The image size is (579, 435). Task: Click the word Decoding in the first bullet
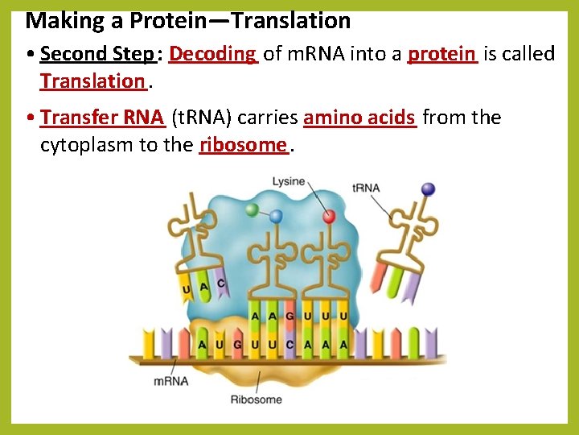(x=212, y=54)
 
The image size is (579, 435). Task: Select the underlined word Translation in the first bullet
(x=92, y=81)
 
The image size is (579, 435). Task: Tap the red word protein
(x=441, y=54)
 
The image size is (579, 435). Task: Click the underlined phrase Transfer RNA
(x=102, y=118)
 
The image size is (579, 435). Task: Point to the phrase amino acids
(x=359, y=118)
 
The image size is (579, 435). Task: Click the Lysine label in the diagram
(x=288, y=182)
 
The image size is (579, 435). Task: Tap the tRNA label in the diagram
(x=366, y=188)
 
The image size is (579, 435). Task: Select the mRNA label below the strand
(x=170, y=380)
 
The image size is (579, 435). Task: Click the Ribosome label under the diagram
(x=256, y=399)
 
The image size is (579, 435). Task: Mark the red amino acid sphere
(x=329, y=216)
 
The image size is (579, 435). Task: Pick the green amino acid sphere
(x=253, y=209)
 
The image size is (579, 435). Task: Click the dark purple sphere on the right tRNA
(x=428, y=189)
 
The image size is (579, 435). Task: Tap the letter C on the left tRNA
(x=220, y=284)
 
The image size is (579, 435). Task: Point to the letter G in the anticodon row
(x=289, y=316)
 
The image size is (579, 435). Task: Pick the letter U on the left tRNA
(x=187, y=288)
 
